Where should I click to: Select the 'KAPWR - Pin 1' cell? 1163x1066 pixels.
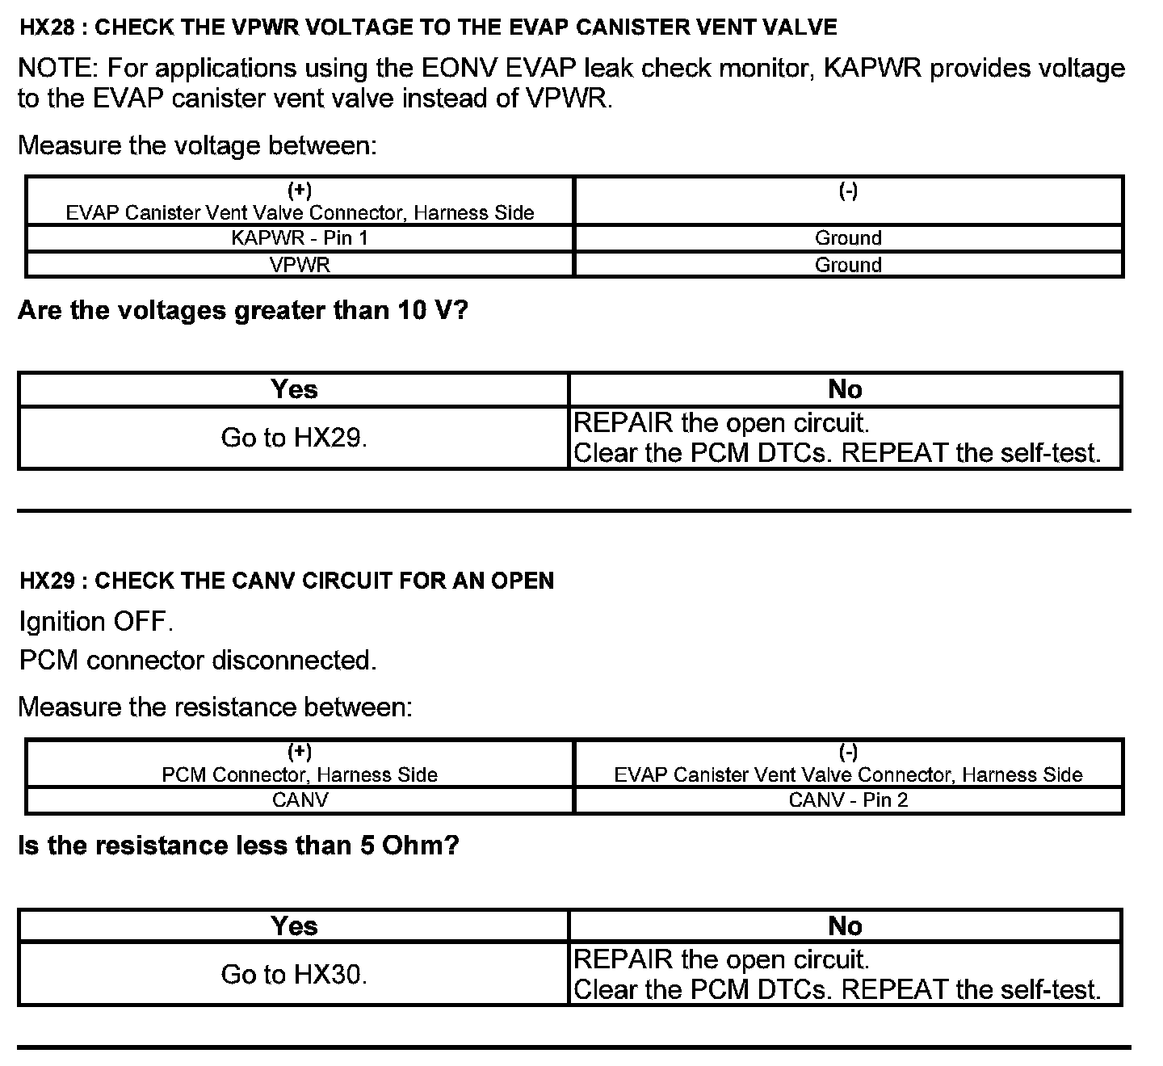click(300, 238)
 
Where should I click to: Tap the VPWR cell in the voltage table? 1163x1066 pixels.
click(300, 265)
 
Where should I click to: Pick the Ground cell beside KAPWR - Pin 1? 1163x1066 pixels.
click(848, 238)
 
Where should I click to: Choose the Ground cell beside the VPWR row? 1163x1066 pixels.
click(848, 265)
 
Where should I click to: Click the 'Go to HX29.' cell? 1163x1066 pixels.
click(294, 438)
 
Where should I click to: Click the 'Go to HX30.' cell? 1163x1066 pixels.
click(294, 975)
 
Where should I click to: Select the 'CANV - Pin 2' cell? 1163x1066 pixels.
click(848, 800)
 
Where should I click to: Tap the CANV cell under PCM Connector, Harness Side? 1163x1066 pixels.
click(300, 800)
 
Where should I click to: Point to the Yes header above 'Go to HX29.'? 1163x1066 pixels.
click(294, 389)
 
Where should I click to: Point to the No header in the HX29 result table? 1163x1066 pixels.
click(845, 925)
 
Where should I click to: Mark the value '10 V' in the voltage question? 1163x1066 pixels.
click(420, 310)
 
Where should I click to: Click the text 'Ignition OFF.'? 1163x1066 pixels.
click(96, 622)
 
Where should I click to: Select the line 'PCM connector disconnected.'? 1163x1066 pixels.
click(198, 661)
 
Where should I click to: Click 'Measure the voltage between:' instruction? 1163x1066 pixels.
click(198, 145)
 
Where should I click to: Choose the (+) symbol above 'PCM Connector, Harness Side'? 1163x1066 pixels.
click(300, 752)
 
